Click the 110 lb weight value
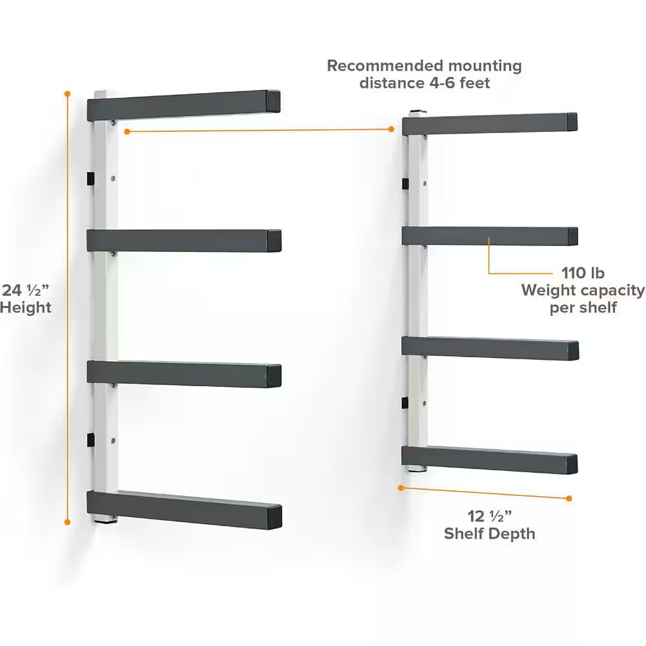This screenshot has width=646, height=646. coord(583,273)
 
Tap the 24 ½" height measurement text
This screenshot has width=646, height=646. coord(25,290)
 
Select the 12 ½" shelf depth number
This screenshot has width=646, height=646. coord(490,516)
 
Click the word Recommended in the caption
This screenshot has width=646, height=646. coord(385,65)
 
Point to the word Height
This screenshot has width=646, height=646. coord(26,307)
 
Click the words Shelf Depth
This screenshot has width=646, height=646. coord(490,534)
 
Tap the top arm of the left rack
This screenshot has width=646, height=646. coord(183,105)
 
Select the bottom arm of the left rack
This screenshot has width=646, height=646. coord(184,509)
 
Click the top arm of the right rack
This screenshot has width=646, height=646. coord(490,123)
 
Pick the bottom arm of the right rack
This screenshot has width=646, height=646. coord(490,459)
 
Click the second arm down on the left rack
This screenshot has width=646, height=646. coord(184,240)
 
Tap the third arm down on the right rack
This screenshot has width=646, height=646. coord(490,348)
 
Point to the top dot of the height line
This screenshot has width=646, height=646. coord(68,94)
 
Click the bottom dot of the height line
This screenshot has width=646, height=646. coord(68,522)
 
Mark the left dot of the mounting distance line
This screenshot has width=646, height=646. coord(127,131)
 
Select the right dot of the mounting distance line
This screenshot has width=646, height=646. coord(391,129)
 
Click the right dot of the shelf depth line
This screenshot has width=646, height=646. coord(569,499)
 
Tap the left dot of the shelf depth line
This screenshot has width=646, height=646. coord(401,488)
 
